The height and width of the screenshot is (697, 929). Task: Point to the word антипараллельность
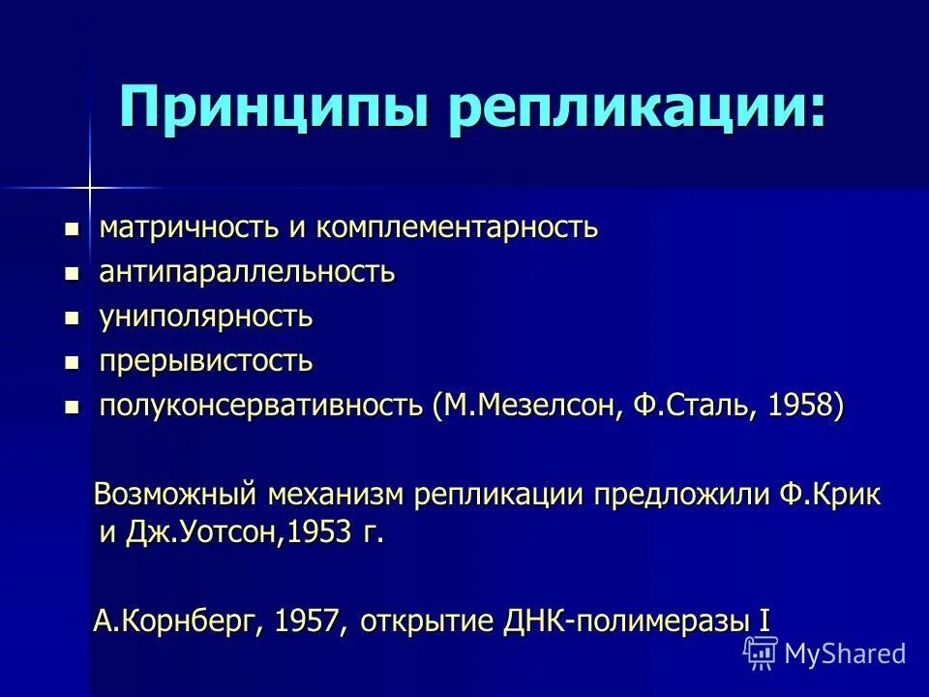pyautogui.click(x=247, y=273)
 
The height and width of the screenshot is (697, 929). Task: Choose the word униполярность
pyautogui.click(x=206, y=317)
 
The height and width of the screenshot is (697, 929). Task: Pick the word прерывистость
pyautogui.click(x=206, y=361)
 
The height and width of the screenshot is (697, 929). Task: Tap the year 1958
pyautogui.click(x=799, y=406)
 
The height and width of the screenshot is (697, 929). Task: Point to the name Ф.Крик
pyautogui.click(x=830, y=495)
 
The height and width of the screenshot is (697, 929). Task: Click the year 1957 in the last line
pyautogui.click(x=308, y=621)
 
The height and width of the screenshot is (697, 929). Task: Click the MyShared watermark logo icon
pyautogui.click(x=761, y=652)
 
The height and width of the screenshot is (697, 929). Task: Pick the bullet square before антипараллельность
pyautogui.click(x=71, y=274)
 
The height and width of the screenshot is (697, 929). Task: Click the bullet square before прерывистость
pyautogui.click(x=71, y=362)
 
